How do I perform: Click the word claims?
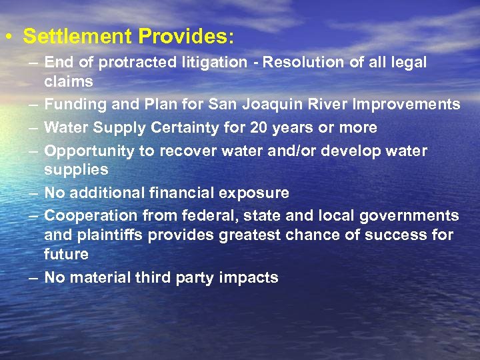pyautogui.click(x=68, y=81)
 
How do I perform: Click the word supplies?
pyautogui.click(x=75, y=170)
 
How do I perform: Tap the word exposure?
pyautogui.click(x=257, y=193)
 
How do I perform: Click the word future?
pyautogui.click(x=66, y=254)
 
